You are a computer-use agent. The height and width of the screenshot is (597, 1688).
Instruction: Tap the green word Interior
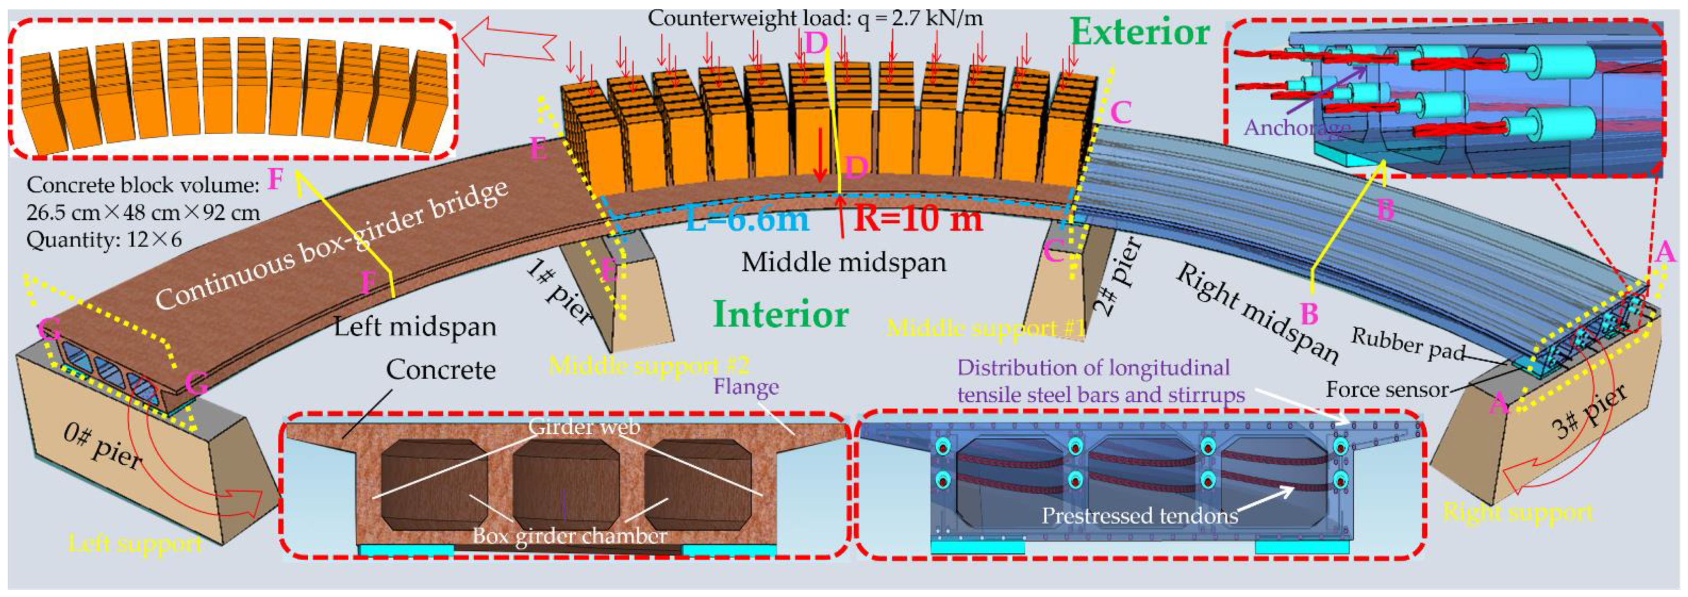click(x=781, y=315)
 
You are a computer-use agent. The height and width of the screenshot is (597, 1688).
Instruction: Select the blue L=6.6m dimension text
click(x=747, y=219)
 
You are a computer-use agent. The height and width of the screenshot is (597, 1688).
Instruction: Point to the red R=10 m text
click(x=918, y=219)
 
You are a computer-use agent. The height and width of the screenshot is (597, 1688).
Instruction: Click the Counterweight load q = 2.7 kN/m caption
click(x=815, y=18)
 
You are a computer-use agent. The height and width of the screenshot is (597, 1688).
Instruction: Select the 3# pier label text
click(x=1589, y=412)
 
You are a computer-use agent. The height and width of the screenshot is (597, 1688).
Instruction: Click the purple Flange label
click(x=746, y=387)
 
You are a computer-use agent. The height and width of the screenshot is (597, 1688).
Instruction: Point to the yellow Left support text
click(x=135, y=543)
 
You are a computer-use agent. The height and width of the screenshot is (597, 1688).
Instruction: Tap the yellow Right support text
click(x=1518, y=512)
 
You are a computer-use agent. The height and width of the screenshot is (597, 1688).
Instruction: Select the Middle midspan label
click(x=844, y=263)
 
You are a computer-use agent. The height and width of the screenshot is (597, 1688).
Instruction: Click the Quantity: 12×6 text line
click(x=104, y=240)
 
